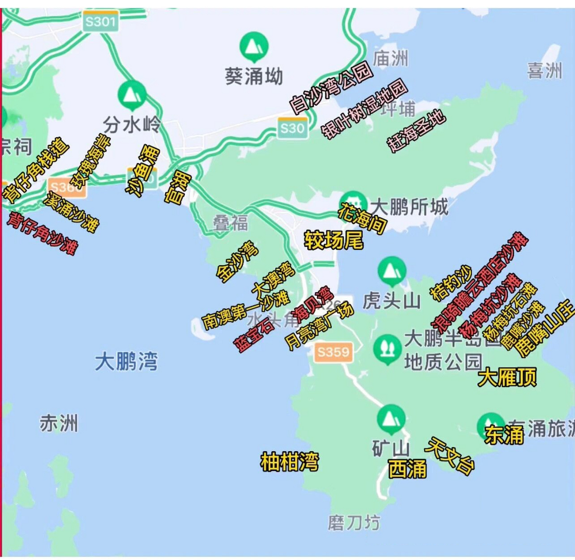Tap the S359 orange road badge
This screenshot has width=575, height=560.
tap(333, 352)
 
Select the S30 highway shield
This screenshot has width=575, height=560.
tap(293, 128)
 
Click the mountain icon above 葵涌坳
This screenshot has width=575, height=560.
tap(254, 45)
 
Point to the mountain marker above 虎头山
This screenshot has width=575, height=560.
tap(392, 270)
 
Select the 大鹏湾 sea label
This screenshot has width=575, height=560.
tap(126, 362)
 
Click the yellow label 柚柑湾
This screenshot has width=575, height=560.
tap(289, 462)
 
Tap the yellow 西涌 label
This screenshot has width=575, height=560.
tap(407, 469)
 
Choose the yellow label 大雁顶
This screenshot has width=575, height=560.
tap(507, 377)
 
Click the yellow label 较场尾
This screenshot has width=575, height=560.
tap(334, 240)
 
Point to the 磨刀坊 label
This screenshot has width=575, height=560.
tap(354, 522)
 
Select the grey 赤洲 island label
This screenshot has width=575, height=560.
tap(59, 423)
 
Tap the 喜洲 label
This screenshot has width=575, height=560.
tap(544, 70)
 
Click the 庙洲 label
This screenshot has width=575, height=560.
tap(390, 58)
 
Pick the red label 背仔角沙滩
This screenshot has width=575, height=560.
tap(42, 233)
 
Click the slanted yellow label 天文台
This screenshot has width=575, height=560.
tap(449, 455)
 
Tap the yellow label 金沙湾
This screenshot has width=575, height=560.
tap(237, 261)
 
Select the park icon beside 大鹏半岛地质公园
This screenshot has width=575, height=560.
tap(387, 349)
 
